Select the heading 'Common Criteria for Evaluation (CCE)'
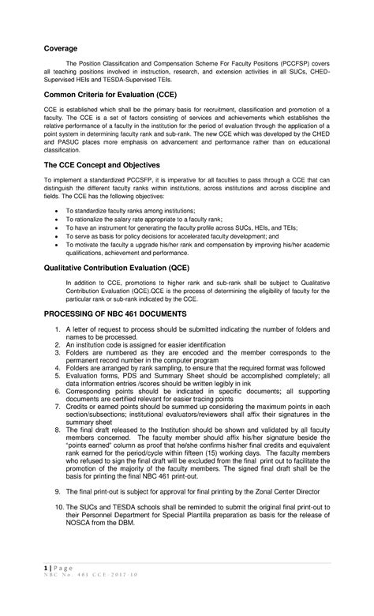pos(121,94)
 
